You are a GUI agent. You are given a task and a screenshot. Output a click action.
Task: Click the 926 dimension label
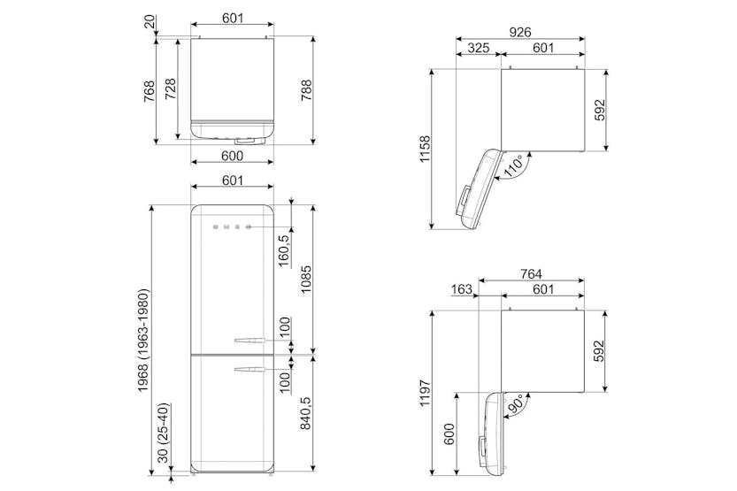tap(520, 32)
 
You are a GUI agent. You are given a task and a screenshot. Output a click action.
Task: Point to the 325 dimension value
tap(479, 48)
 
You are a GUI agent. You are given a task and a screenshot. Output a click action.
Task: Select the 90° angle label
tap(515, 403)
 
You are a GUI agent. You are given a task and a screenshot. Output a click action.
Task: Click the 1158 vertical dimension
tap(426, 149)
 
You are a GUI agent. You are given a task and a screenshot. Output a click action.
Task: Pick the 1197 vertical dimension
tap(426, 394)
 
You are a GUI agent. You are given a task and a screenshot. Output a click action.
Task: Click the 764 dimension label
tap(531, 273)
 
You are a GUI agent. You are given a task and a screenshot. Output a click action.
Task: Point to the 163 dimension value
tap(461, 289)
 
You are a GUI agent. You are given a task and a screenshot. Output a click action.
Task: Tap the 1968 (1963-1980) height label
tap(143, 341)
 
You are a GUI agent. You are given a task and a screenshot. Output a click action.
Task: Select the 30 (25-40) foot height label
tap(163, 433)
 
